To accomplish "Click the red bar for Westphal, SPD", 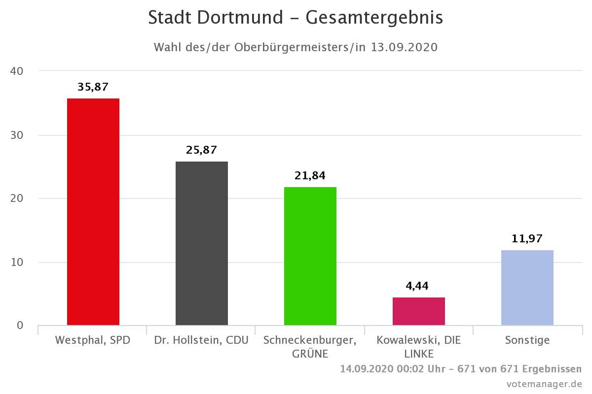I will pyautogui.click(x=93, y=212).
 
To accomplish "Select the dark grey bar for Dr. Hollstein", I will pyautogui.click(x=202, y=243).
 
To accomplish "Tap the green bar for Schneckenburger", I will pyautogui.click(x=310, y=256).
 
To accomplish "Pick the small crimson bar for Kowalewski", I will pyautogui.click(x=419, y=311).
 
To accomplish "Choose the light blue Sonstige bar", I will pyautogui.click(x=527, y=288).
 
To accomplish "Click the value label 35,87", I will pyautogui.click(x=93, y=87).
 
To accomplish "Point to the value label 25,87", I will pyautogui.click(x=201, y=150).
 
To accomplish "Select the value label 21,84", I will pyautogui.click(x=310, y=176).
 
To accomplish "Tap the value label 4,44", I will pyautogui.click(x=418, y=286).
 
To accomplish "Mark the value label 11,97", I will pyautogui.click(x=527, y=239).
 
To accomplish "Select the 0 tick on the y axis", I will pyautogui.click(x=20, y=325).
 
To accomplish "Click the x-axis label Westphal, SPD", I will pyautogui.click(x=93, y=340).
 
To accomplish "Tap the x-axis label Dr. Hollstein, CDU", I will pyautogui.click(x=201, y=340).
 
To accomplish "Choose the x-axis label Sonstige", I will pyautogui.click(x=527, y=340).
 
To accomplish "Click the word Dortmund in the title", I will pyautogui.click(x=240, y=18).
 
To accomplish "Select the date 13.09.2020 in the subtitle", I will pyautogui.click(x=405, y=48).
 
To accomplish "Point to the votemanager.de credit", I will pyautogui.click(x=544, y=384).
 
